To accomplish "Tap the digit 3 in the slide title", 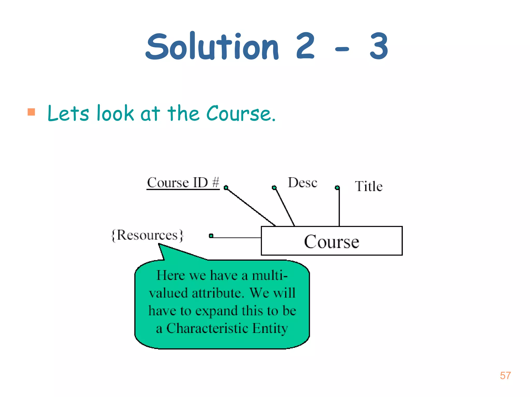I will [x=379, y=47].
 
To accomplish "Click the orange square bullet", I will [x=31, y=112].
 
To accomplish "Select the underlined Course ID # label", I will [x=183, y=183].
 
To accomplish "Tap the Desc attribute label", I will [x=303, y=183].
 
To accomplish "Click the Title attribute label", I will [x=369, y=186].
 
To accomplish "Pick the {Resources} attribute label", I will [x=147, y=235].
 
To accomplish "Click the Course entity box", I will [x=332, y=241].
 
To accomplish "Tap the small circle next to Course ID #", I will [x=226, y=187].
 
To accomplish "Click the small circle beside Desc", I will [x=274, y=187].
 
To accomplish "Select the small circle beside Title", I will [x=337, y=187].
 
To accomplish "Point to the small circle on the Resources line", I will [x=211, y=236].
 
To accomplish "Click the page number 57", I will [x=505, y=376].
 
